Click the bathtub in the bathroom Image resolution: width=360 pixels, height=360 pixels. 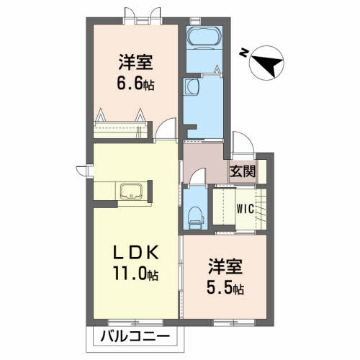point(204,37)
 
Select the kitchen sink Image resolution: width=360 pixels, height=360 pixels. point(132,192)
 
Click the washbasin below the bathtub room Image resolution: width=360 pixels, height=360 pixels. point(192,86)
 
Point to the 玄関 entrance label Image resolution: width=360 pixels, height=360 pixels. point(243,172)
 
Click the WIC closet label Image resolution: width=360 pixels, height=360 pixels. point(246,209)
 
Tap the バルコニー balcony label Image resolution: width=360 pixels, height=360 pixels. point(135,337)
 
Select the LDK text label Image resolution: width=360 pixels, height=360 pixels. point(136,253)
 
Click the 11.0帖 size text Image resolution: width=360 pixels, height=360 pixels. point(136,274)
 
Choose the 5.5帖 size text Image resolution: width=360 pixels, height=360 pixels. point(225,288)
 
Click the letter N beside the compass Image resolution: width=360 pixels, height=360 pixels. point(244,53)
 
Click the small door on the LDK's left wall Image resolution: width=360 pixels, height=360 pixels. point(84,171)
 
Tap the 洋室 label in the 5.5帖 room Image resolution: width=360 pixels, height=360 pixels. point(225,266)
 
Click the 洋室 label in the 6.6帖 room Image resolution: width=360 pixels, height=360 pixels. point(135,62)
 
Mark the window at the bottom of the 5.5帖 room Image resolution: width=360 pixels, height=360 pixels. point(234,323)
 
